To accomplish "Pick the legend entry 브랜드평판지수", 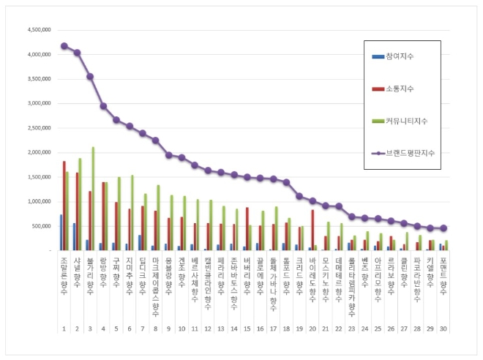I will coord(410,152).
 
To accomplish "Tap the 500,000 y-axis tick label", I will coord(40,226).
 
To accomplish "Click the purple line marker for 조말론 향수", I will coord(64,45).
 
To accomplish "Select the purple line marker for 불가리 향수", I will coord(90,76).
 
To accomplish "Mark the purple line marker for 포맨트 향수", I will coord(443,228).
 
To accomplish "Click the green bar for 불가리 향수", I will coord(94,198).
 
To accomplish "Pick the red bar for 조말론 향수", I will coord(64,206).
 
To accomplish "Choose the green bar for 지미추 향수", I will coord(132,212).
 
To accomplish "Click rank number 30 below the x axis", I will coord(443,329).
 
